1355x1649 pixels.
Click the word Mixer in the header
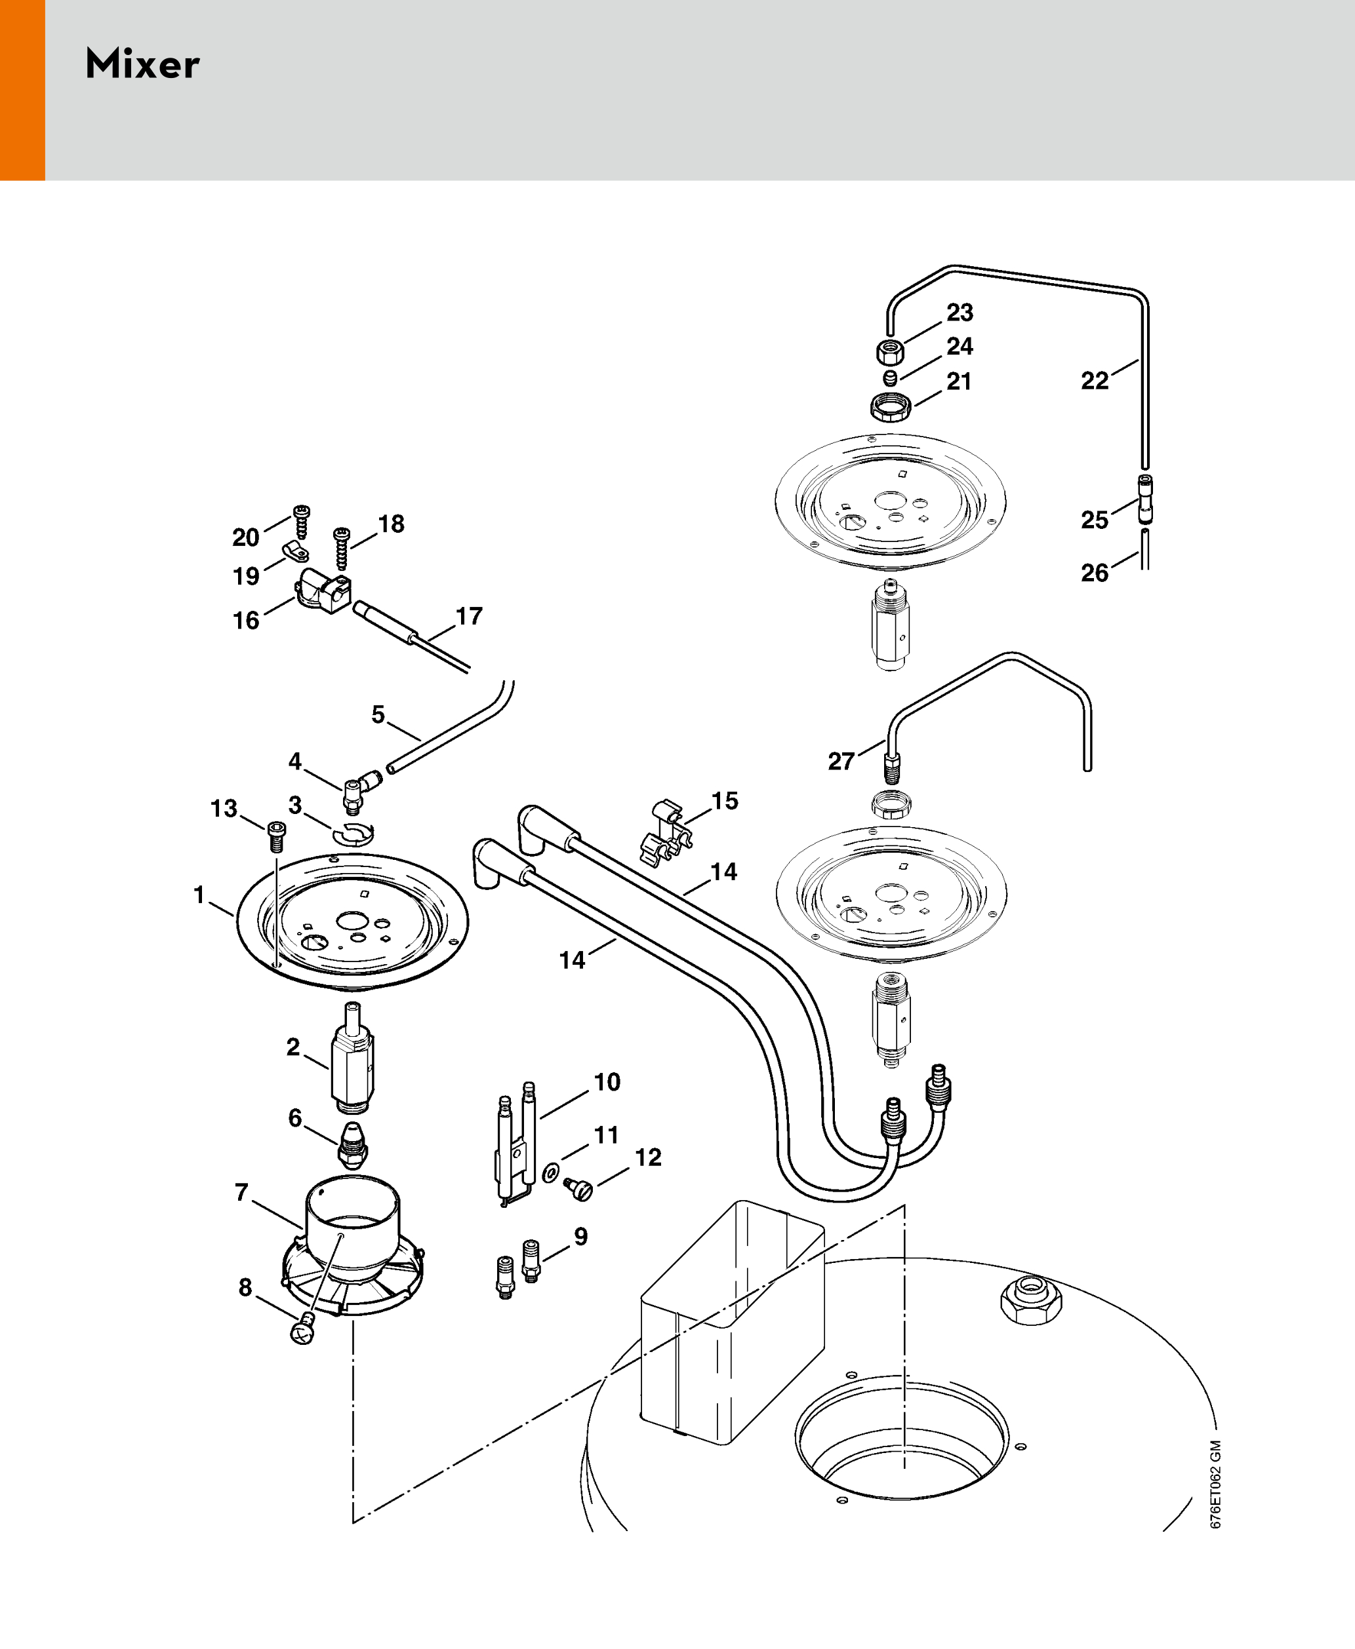tap(142, 64)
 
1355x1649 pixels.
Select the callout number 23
tap(960, 313)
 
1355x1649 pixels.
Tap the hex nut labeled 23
tap(890, 352)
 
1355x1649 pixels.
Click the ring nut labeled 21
tap(891, 406)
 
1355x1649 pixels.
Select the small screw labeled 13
tap(276, 837)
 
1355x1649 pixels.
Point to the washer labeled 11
tap(551, 1173)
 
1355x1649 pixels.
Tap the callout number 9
tap(580, 1236)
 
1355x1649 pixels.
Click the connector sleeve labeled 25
tap(1144, 499)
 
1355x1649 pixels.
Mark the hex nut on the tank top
tap(1031, 1300)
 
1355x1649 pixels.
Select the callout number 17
tap(469, 616)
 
